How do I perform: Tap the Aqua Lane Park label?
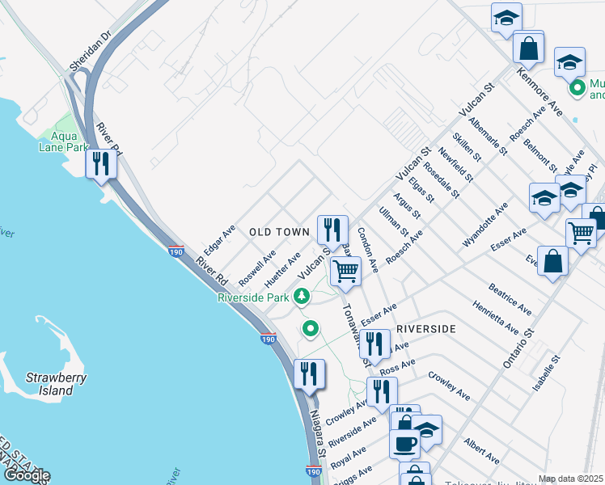(63, 141)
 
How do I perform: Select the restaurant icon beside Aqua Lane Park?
(102, 164)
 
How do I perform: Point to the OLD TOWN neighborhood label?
(279, 232)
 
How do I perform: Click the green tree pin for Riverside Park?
(302, 297)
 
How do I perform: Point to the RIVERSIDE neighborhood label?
(426, 329)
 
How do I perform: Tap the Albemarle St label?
(492, 134)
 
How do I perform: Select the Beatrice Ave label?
(510, 298)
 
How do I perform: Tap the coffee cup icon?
(404, 443)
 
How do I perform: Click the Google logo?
(26, 476)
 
